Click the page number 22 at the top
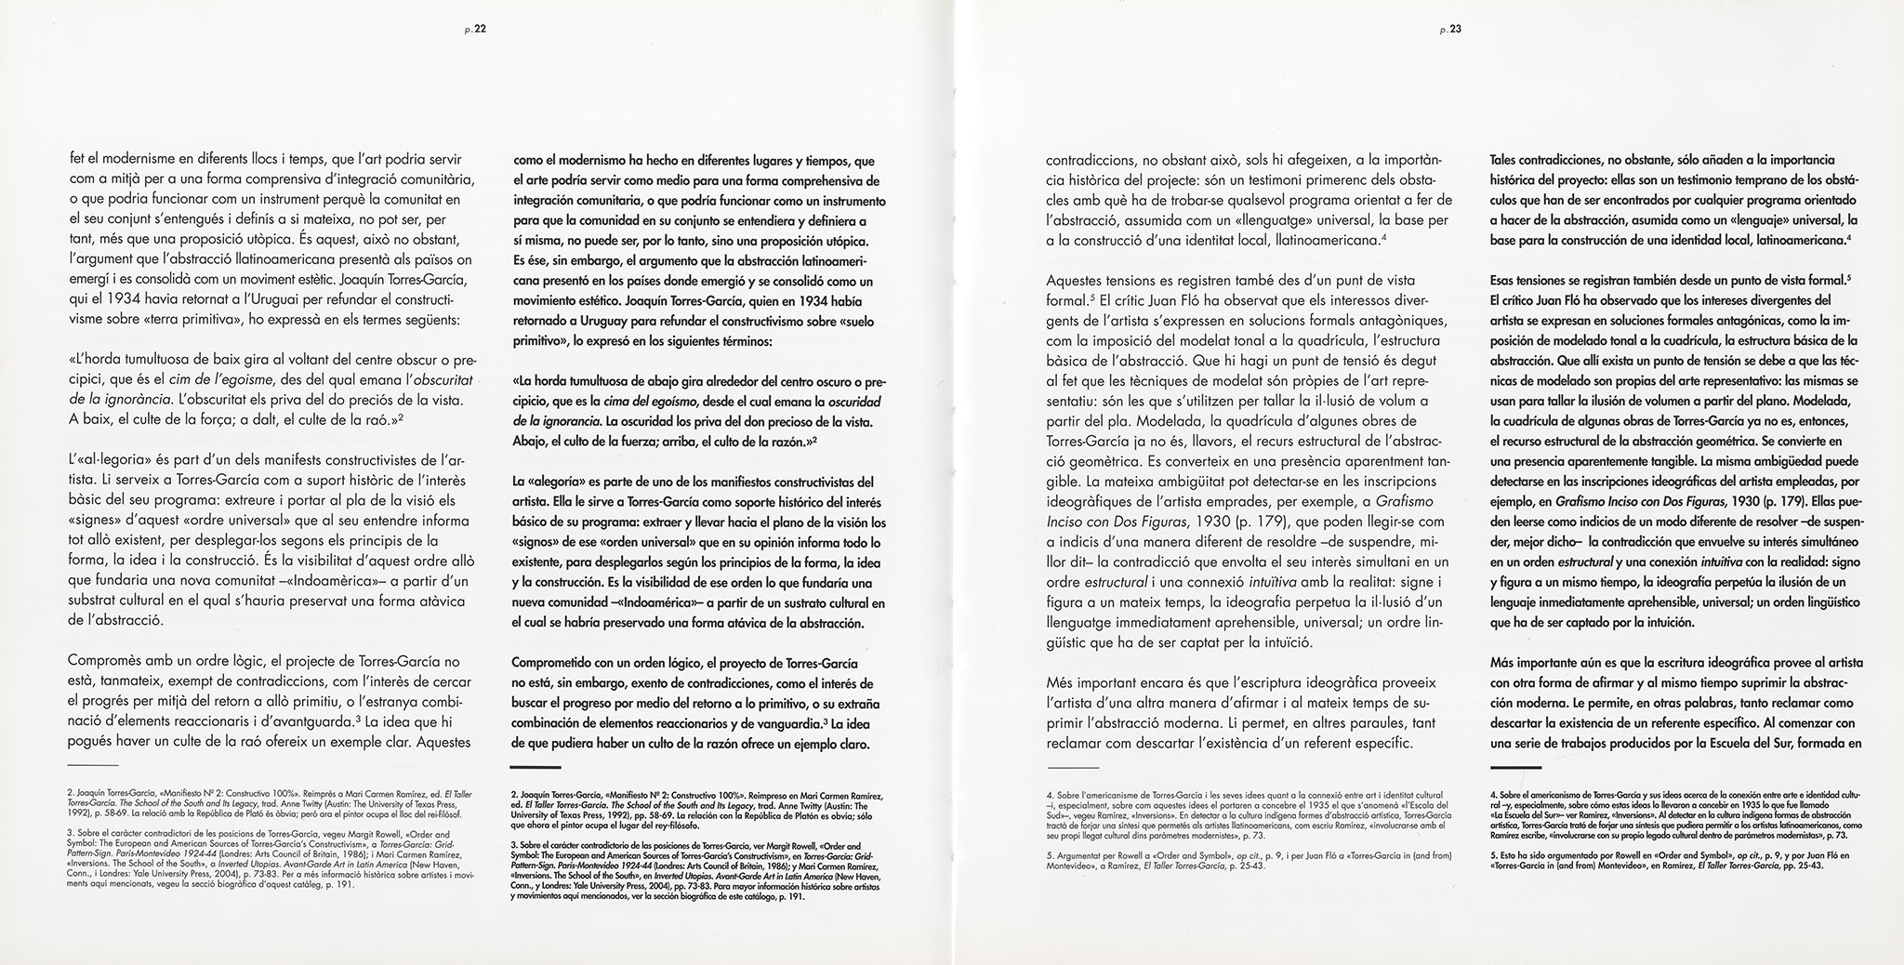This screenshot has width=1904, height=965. pyautogui.click(x=477, y=29)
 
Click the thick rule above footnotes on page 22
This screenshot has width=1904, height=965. pyautogui.click(x=536, y=766)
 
